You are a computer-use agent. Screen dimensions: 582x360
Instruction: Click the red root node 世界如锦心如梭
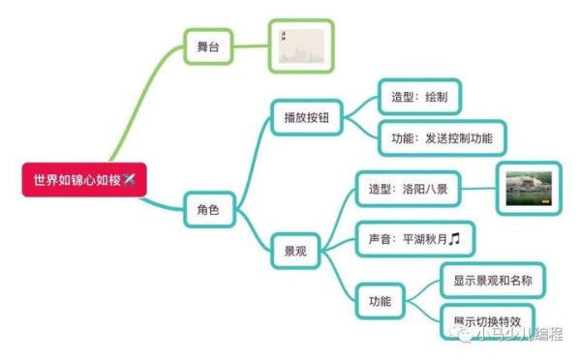pos(83,180)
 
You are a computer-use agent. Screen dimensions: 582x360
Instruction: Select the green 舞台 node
pos(208,45)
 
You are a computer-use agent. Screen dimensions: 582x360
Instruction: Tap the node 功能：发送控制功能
pos(442,138)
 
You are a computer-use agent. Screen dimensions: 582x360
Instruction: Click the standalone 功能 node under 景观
pos(380,301)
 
